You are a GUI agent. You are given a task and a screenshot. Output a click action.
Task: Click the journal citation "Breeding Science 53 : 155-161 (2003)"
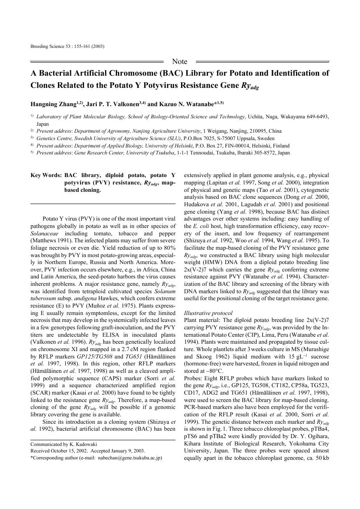point(67,46)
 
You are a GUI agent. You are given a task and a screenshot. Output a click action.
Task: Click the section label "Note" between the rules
point(180,61)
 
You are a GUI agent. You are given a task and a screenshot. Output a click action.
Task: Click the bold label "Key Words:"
point(46,175)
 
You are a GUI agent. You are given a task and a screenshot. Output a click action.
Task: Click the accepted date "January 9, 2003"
point(127,451)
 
